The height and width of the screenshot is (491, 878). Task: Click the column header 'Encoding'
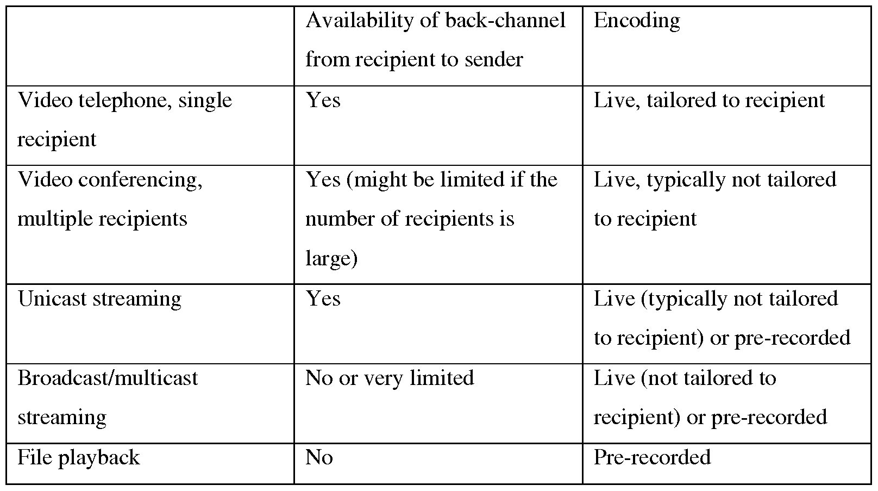point(637,21)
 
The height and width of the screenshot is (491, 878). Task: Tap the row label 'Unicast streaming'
point(99,300)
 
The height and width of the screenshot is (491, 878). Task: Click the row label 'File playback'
point(78,458)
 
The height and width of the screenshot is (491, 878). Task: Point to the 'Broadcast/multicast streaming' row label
point(108,397)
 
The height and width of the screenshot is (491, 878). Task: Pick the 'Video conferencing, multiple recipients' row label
point(110,200)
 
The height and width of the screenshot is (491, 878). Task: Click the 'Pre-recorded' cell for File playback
point(652,458)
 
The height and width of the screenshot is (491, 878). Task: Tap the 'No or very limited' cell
point(390,378)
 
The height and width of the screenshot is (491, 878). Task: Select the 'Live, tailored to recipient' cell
point(709,101)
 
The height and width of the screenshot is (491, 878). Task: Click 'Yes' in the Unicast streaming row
point(323,299)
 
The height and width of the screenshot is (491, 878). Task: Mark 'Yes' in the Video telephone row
point(323,100)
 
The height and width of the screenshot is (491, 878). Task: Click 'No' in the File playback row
point(319,458)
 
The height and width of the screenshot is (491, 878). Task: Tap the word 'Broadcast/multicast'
point(108,378)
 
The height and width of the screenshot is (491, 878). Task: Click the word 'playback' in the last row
point(104,458)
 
